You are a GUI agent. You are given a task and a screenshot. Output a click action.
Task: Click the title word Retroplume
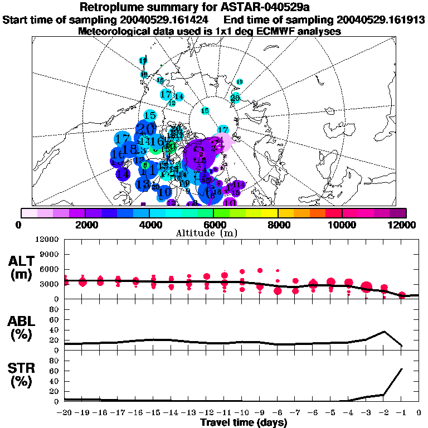click(114, 7)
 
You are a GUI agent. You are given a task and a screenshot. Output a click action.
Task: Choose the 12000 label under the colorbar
click(405, 225)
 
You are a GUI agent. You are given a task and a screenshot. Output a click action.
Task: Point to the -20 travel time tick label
click(65, 413)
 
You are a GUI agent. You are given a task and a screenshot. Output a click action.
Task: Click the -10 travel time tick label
click(241, 413)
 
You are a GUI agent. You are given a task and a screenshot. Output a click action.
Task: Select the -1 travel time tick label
click(401, 413)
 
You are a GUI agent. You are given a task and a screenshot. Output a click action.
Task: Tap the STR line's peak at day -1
click(402, 369)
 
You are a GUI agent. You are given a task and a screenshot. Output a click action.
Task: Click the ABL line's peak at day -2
click(384, 332)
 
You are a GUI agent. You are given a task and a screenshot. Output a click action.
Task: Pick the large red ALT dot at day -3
click(366, 287)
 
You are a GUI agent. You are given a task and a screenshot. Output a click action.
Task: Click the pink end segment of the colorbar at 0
click(29, 213)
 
